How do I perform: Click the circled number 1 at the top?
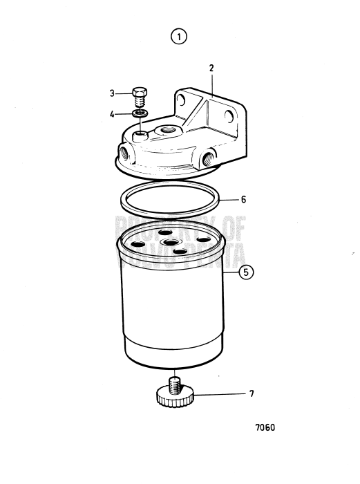[x=180, y=37]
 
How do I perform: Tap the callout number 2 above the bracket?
[x=211, y=68]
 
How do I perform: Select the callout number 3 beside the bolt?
[x=112, y=93]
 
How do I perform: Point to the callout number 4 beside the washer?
[x=112, y=113]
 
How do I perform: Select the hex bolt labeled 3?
[x=138, y=95]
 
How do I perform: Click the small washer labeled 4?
[x=139, y=113]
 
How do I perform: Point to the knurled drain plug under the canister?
[x=175, y=397]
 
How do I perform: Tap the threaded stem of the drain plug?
[x=175, y=382]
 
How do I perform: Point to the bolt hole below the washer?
[x=141, y=132]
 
